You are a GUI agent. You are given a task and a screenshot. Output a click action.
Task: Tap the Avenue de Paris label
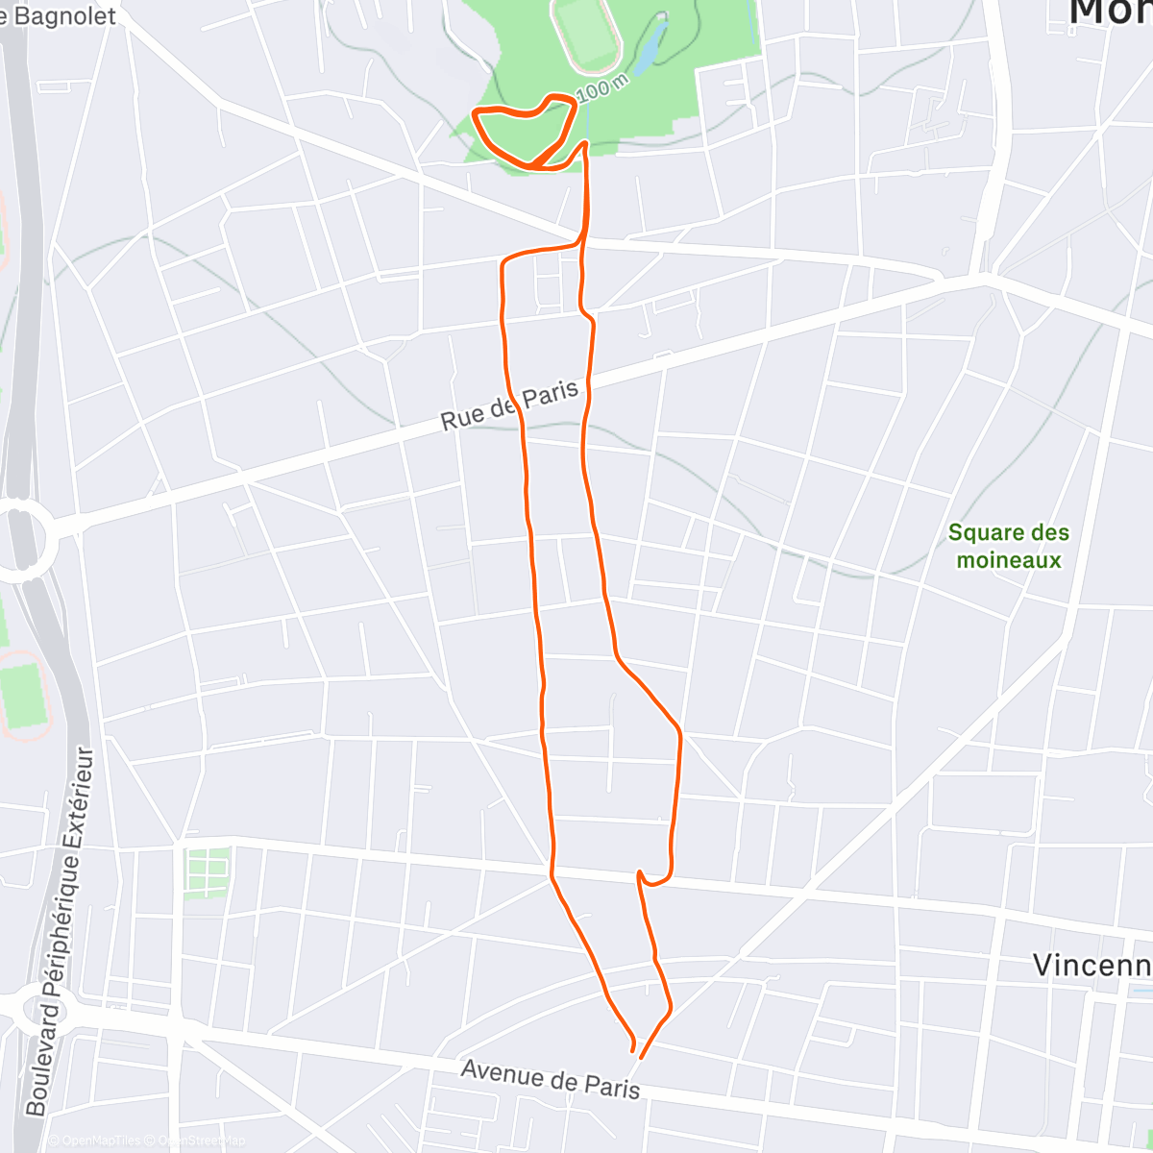click(550, 1078)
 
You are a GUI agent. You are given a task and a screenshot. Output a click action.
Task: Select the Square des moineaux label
click(1008, 546)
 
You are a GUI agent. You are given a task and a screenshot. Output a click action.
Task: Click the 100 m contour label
click(601, 89)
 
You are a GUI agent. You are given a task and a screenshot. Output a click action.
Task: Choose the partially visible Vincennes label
click(1092, 965)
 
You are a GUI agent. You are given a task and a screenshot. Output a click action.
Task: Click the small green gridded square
click(207, 872)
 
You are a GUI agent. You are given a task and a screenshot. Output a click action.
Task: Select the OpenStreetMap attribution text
click(202, 1141)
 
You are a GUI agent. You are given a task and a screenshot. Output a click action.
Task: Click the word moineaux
click(1009, 560)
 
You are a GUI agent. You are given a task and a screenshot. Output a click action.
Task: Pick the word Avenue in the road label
click(499, 1072)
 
